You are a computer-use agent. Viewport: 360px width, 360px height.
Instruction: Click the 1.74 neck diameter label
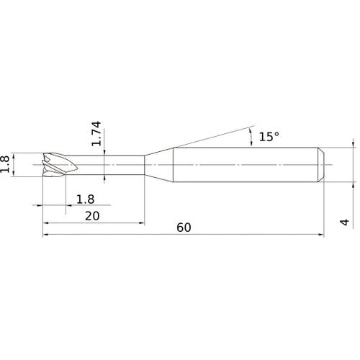coord(96,133)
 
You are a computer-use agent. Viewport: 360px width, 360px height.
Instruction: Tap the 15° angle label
coord(269,137)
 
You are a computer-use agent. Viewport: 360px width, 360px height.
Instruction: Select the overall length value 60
coord(184,228)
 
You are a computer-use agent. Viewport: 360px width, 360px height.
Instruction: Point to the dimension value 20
coord(92,216)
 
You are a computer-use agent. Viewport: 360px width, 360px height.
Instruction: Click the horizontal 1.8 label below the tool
coord(85,199)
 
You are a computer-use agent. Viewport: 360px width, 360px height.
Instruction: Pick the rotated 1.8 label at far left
coord(5,164)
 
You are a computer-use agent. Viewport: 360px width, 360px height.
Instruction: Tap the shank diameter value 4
coord(345,222)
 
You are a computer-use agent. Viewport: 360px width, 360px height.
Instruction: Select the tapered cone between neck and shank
coord(159,165)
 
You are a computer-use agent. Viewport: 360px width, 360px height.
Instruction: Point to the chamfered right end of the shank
coord(321,165)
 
